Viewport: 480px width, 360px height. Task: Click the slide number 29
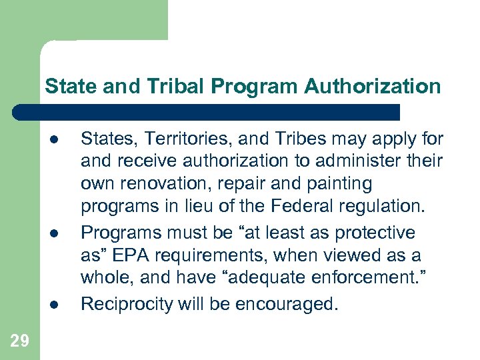point(20,341)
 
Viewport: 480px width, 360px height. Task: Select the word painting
point(341,183)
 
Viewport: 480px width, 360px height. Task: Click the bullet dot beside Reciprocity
point(53,305)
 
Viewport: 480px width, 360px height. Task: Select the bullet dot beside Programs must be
point(53,233)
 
